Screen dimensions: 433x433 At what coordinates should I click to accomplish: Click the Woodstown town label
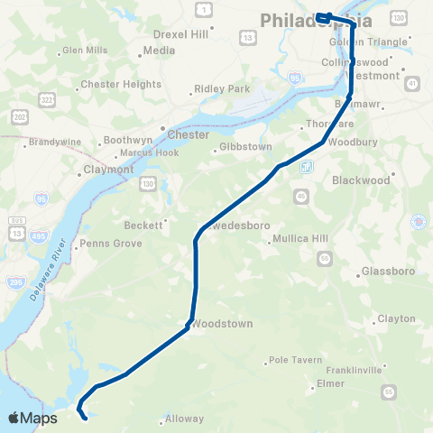click(x=222, y=323)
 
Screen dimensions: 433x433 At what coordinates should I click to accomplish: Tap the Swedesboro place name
click(x=237, y=225)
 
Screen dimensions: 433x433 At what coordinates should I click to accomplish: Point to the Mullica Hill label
click(x=306, y=241)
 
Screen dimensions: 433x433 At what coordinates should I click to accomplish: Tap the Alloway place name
click(x=184, y=419)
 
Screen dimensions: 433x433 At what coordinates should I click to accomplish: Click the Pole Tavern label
click(x=295, y=360)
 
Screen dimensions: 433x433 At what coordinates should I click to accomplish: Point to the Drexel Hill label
click(x=180, y=33)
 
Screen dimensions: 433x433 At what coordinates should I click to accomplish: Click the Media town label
click(x=159, y=51)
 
